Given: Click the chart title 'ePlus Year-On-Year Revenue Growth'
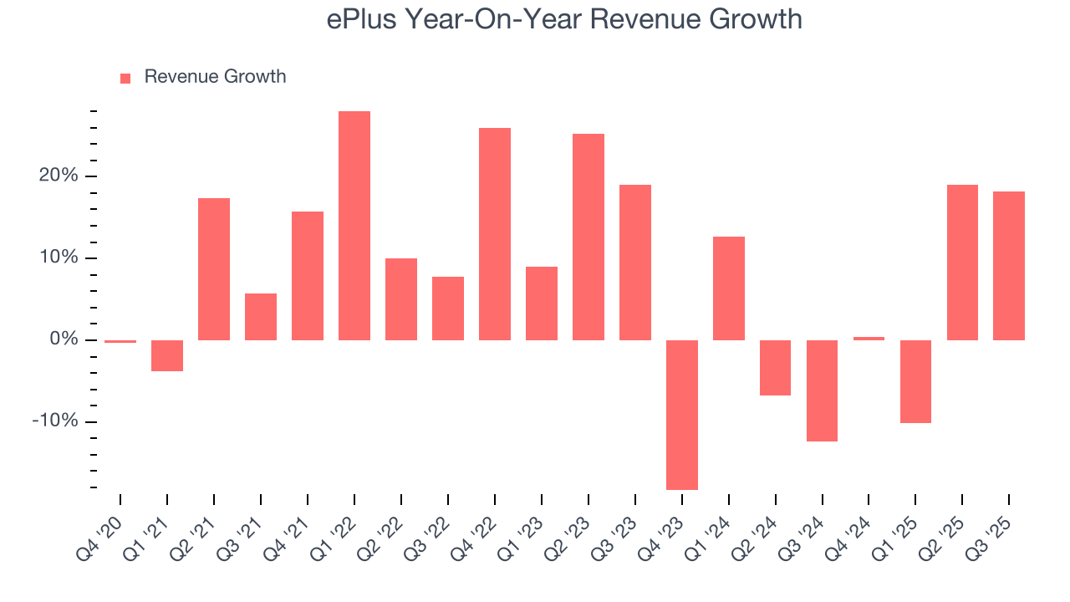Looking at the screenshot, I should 564,19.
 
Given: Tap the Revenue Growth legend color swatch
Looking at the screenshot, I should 125,78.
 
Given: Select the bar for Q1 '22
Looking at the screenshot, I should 354,226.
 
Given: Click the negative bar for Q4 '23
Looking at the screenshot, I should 682,415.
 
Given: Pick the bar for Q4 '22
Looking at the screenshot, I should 495,234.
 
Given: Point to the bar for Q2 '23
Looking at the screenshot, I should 588,237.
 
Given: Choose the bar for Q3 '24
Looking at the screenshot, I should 823,390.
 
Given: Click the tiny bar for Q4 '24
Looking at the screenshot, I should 869,339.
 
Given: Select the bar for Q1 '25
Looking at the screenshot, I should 916,381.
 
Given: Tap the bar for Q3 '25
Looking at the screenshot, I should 1009,266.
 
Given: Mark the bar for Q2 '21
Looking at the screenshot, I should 214,269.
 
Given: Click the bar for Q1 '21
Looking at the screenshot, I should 167,355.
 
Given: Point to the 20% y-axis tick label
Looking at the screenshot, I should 58,176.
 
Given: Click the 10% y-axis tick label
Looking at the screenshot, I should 58,258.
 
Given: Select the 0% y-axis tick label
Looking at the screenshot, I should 63,339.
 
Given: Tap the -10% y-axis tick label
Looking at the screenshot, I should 55,421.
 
